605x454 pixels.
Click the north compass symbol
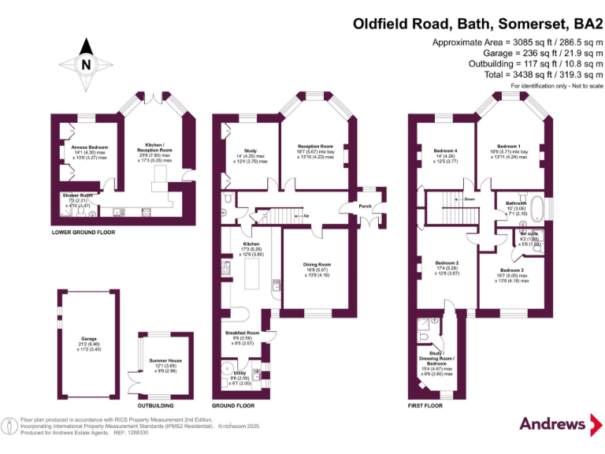point(86,64)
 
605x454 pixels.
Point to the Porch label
point(365,207)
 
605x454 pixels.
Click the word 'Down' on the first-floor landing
point(469,199)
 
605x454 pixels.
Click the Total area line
point(543,75)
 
